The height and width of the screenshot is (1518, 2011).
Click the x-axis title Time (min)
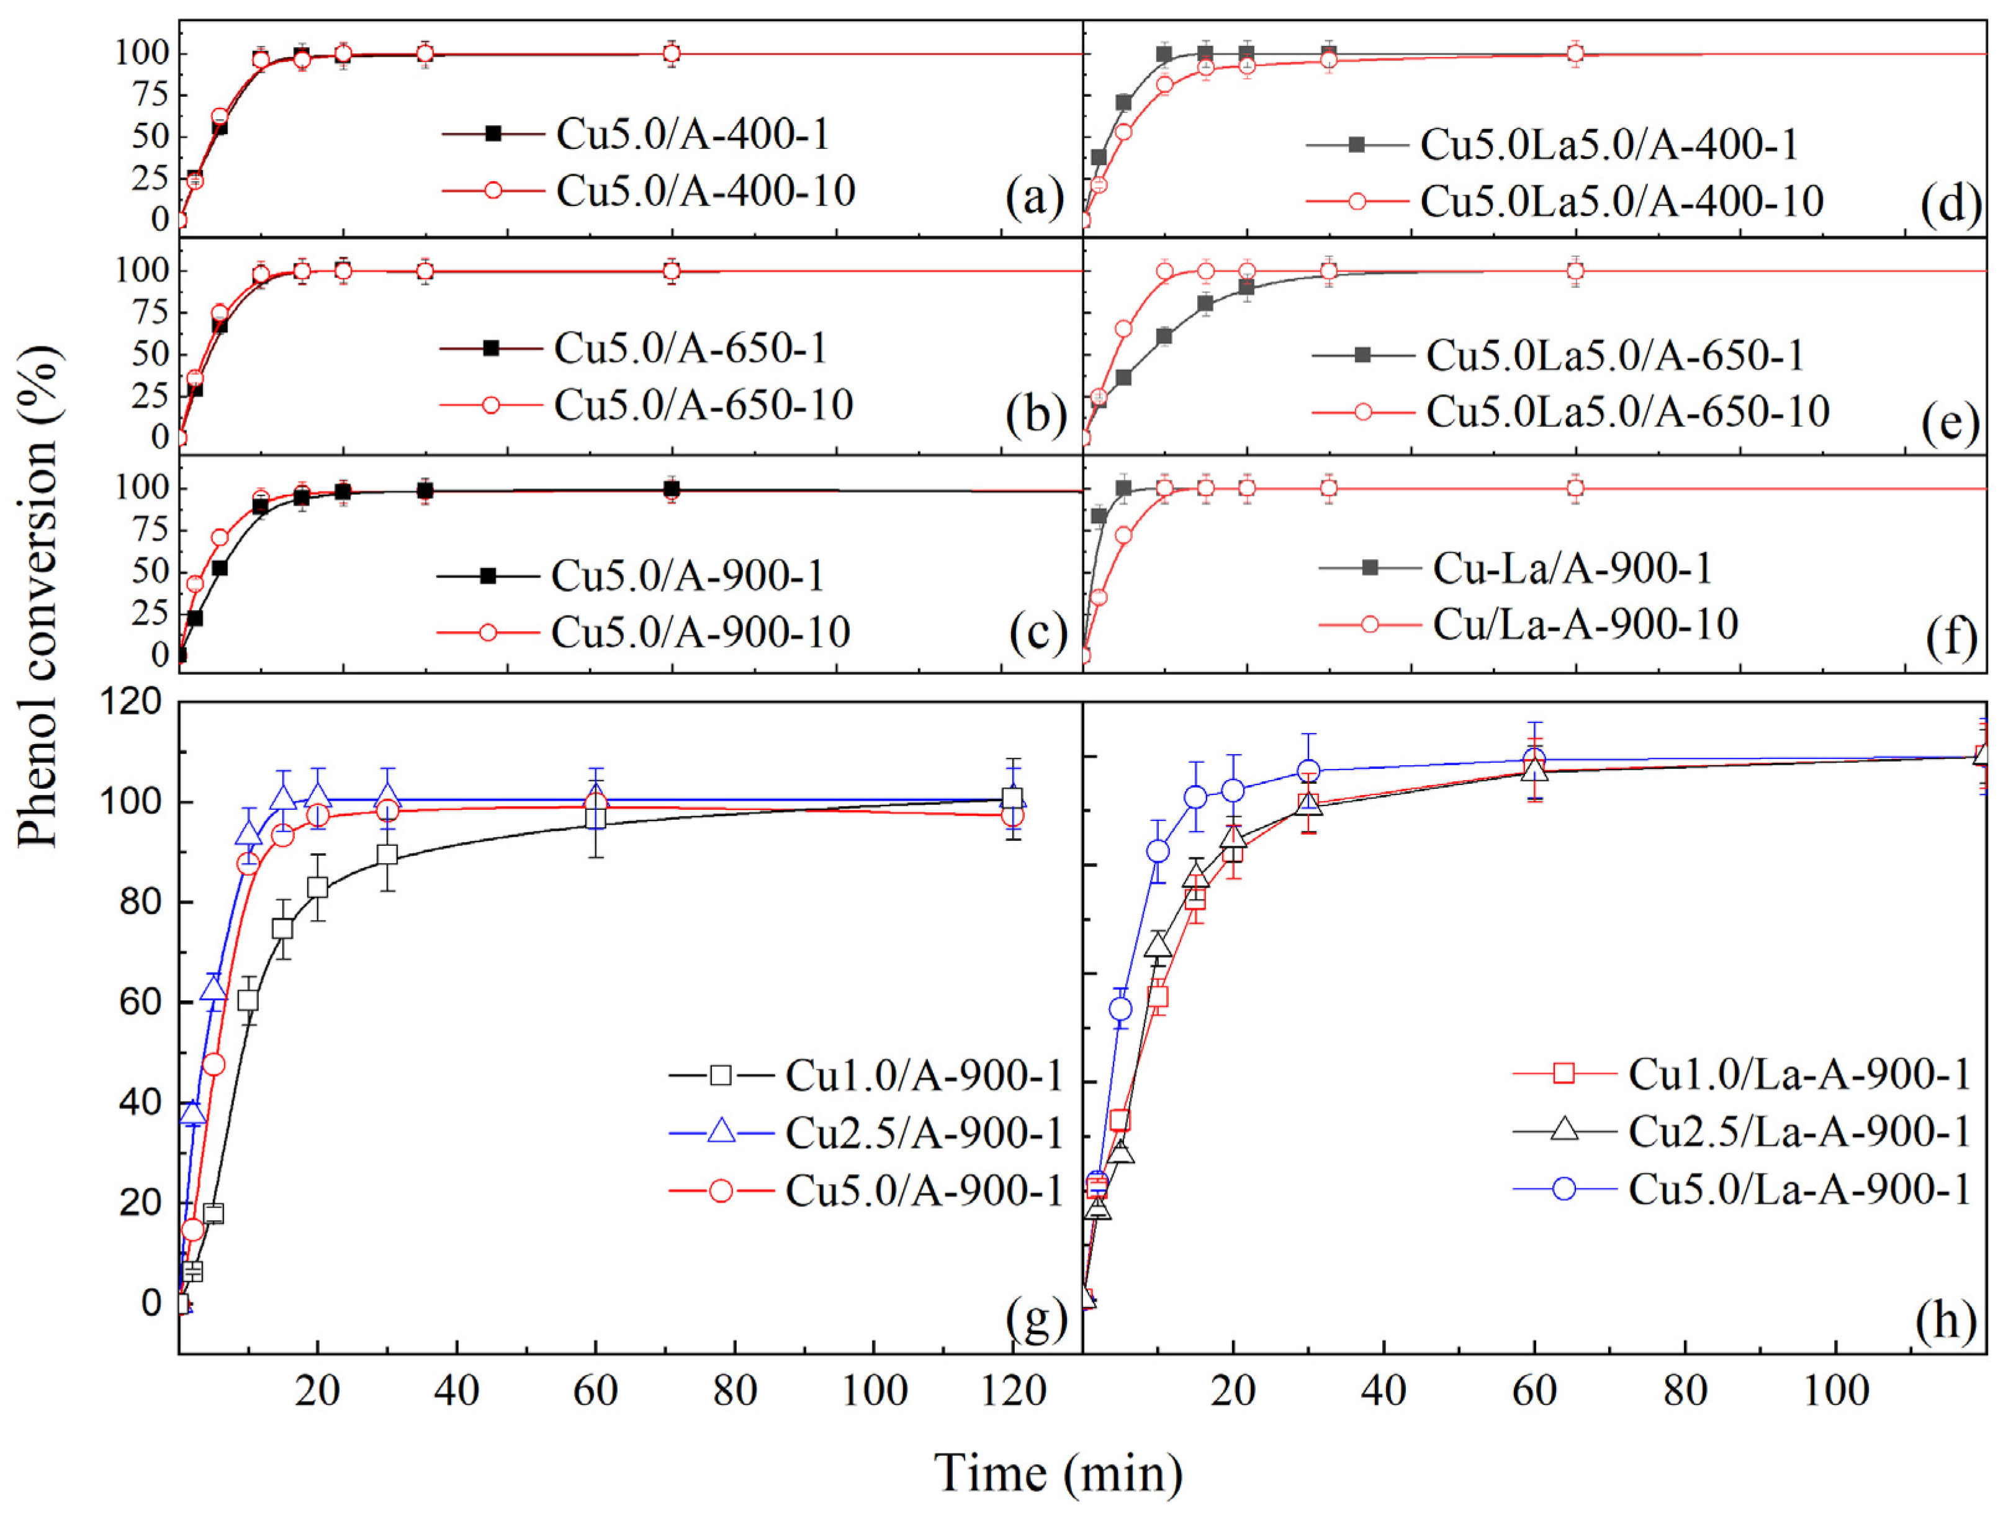tap(1059, 1473)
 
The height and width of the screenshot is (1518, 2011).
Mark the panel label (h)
tap(1946, 1320)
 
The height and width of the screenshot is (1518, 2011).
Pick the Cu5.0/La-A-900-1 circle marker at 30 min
tap(1308, 771)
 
